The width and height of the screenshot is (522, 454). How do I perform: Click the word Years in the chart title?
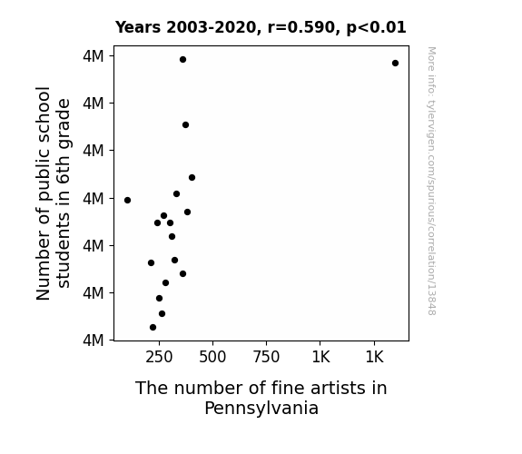pos(138,27)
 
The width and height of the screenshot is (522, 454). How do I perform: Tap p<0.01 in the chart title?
pos(376,28)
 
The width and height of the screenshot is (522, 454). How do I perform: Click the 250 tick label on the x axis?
pos(159,357)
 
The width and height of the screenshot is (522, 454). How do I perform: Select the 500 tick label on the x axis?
pos(212,357)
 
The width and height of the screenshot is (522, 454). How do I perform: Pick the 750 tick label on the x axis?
pos(266,357)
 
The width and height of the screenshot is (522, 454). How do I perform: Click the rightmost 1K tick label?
pos(375,357)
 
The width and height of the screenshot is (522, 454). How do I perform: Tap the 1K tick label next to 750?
pos(320,357)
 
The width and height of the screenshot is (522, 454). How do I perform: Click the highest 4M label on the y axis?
pos(94,56)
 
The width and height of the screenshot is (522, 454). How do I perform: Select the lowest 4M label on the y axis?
pos(94,340)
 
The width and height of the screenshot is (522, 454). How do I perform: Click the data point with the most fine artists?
pos(395,63)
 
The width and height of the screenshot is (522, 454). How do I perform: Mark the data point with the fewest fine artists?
pos(127,200)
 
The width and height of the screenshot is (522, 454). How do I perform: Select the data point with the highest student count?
pos(182,60)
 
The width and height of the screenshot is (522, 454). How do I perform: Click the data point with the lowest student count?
pos(153,328)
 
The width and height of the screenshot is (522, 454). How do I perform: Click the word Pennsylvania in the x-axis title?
pos(261,409)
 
